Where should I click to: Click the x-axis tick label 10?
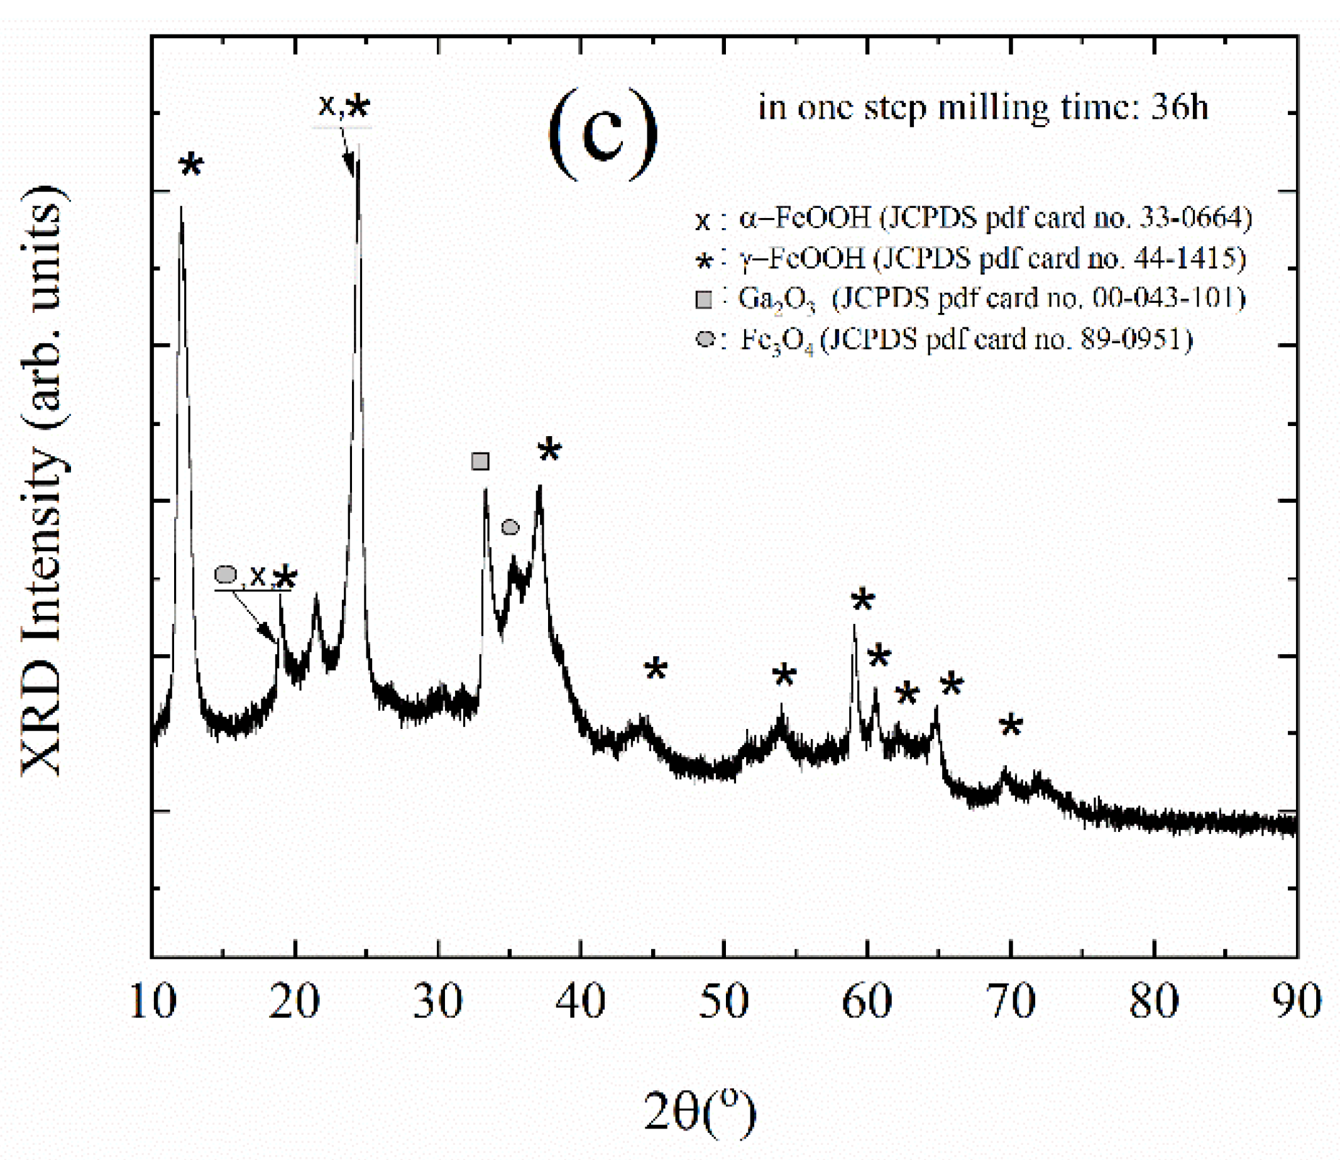153,1002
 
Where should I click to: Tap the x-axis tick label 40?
581,1002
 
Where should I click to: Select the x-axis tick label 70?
1011,1002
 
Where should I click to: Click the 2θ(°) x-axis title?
700,1113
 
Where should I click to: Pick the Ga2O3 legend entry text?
991,299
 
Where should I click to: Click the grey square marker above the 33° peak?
480,461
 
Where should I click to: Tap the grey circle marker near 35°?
510,527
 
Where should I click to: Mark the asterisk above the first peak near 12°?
191,165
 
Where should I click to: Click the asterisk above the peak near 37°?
549,449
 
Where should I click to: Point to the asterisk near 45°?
656,668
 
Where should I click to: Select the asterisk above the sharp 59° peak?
862,600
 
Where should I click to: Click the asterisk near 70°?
1011,726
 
